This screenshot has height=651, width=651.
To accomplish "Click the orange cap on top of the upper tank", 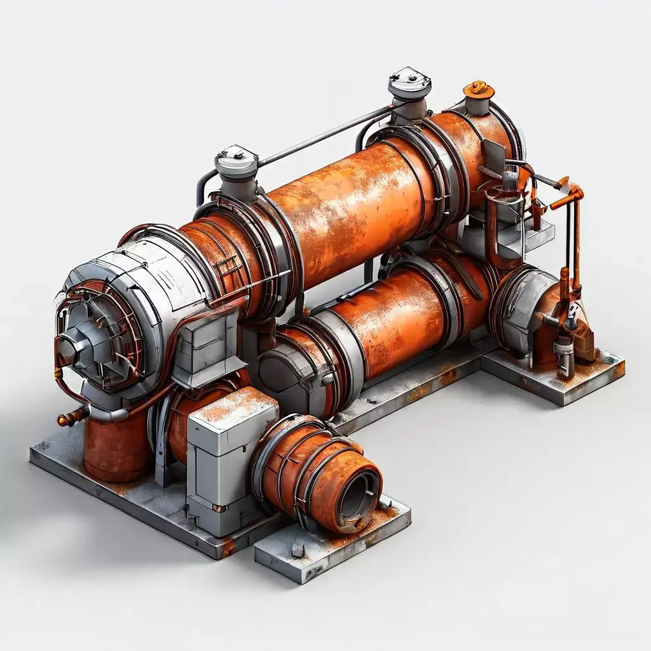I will point(478,90).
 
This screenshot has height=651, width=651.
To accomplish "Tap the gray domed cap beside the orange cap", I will point(409,84).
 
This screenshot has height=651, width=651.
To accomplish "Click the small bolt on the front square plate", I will point(297,547).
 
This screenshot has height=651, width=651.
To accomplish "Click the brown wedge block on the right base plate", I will point(584,346).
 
